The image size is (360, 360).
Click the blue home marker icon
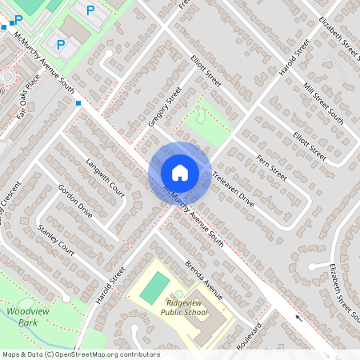[x=179, y=173]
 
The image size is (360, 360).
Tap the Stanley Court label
[x=56, y=240]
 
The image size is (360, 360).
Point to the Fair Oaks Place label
[x=29, y=98]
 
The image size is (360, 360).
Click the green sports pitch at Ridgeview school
[x=155, y=288]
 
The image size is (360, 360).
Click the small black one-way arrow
[x=300, y=318]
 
